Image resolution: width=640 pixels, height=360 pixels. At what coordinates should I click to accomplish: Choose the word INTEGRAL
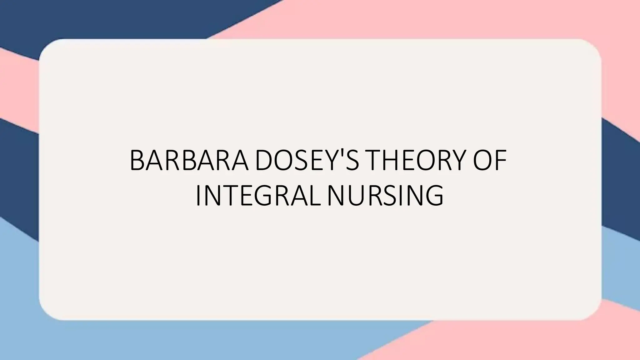click(258, 196)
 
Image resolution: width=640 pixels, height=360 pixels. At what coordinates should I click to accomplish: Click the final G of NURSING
click(434, 196)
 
